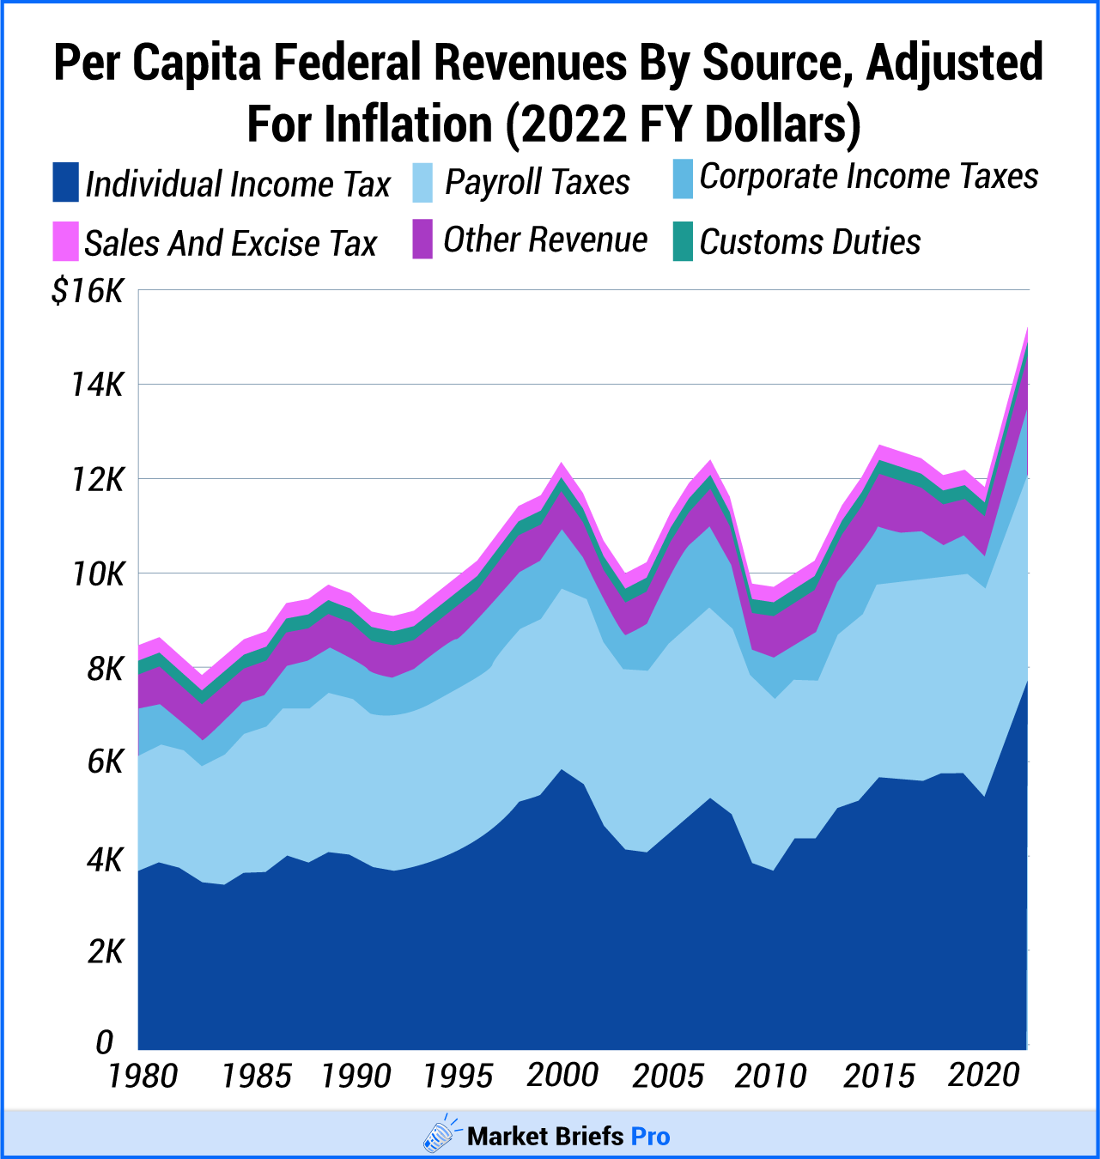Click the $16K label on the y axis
pyautogui.click(x=88, y=292)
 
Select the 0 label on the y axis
pyautogui.click(x=105, y=1042)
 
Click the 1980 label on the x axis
pyautogui.click(x=143, y=1076)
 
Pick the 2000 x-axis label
pyautogui.click(x=562, y=1075)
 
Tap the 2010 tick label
pyautogui.click(x=770, y=1076)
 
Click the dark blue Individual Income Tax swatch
pyautogui.click(x=65, y=182)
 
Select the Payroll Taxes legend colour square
pyautogui.click(x=422, y=182)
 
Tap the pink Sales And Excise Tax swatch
pyautogui.click(x=65, y=241)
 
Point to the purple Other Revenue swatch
pyautogui.click(x=422, y=240)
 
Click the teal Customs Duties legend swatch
pyautogui.click(x=683, y=241)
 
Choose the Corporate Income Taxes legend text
pyautogui.click(x=869, y=177)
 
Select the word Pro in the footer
pyautogui.click(x=650, y=1137)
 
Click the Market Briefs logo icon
pyautogui.click(x=441, y=1134)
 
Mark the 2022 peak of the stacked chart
pyautogui.click(x=1027, y=328)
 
